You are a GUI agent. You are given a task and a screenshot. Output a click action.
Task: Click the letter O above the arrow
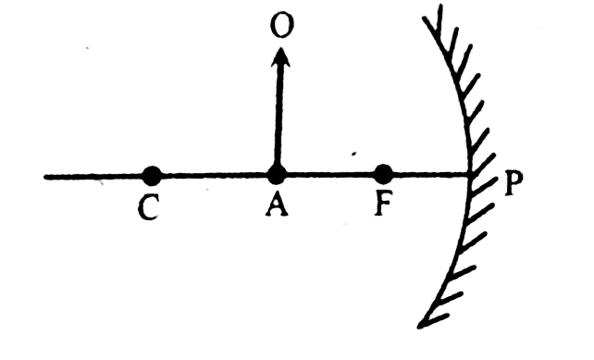(282, 26)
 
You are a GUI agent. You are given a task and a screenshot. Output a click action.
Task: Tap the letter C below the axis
(148, 209)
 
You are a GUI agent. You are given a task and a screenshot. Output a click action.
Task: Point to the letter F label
(383, 205)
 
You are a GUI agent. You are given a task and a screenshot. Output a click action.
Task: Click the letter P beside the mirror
(514, 184)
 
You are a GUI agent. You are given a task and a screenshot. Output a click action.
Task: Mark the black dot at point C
(152, 176)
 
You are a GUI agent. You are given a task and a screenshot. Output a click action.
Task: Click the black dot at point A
(277, 175)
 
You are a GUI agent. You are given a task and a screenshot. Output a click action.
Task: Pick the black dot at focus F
(383, 174)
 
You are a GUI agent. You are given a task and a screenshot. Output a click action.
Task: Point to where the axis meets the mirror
(469, 174)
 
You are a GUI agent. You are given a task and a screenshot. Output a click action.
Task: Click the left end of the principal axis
(45, 177)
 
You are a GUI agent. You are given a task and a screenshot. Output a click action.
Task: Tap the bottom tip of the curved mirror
(419, 327)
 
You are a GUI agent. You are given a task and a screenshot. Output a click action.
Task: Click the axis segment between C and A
(215, 176)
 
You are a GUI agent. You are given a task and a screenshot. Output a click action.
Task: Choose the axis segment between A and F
(330, 175)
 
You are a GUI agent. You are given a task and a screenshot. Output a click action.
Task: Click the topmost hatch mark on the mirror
(439, 19)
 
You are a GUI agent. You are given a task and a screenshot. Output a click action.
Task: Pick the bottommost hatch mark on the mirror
(435, 320)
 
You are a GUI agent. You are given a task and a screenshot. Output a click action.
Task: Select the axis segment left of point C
(93, 177)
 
